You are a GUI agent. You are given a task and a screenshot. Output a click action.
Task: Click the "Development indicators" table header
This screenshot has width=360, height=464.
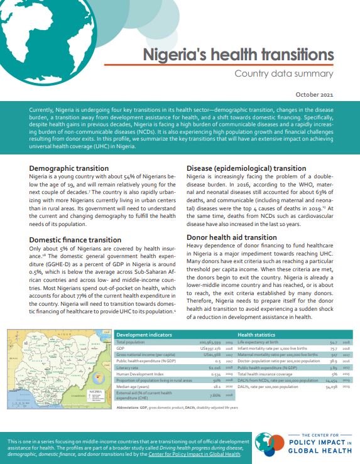point(143,335)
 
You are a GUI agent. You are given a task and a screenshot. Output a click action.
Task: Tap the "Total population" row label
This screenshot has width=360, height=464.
point(133,342)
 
